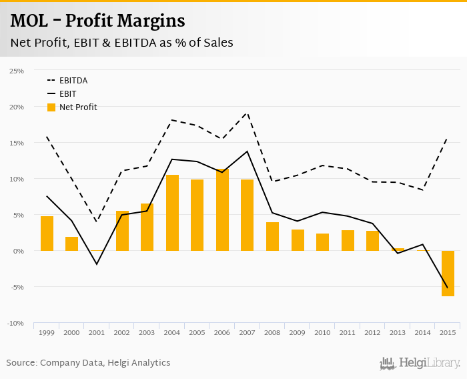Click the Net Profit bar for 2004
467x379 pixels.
[172, 213]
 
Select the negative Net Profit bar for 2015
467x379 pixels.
[447, 274]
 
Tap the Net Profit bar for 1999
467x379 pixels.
[47, 234]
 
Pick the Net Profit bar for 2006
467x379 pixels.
[222, 210]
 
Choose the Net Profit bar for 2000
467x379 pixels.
[71, 244]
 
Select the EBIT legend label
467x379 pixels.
[68, 94]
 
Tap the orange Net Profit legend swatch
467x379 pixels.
[51, 107]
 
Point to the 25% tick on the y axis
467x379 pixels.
[17, 71]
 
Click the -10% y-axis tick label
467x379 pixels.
[15, 324]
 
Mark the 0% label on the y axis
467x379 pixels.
[19, 251]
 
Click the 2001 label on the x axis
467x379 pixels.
[97, 332]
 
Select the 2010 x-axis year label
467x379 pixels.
[322, 332]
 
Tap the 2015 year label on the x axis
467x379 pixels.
[447, 332]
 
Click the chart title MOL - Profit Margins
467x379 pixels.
[97, 21]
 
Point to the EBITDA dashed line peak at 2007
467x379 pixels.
[248, 113]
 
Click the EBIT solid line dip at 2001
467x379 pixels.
[97, 264]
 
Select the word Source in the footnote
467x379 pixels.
[21, 363]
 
